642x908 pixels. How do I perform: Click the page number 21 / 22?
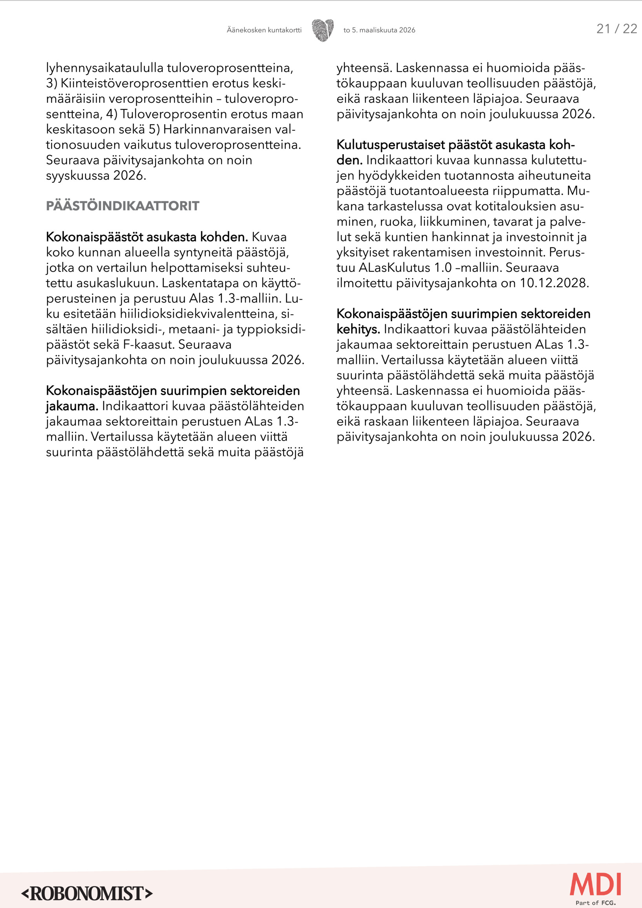pos(616,29)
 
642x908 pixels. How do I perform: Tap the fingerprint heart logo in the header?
pos(323,30)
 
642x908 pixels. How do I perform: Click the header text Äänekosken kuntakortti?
pos(264,30)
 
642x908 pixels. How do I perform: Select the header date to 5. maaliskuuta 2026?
pos(379,30)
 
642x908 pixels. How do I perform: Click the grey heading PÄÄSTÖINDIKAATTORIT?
pos(122,206)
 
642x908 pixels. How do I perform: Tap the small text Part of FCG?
pos(595,903)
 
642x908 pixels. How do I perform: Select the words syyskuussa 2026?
pos(96,176)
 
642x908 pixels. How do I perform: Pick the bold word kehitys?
pos(358,329)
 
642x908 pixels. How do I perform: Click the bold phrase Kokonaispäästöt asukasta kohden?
pos(147,237)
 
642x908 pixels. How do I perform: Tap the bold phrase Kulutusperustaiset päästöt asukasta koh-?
pos(455,145)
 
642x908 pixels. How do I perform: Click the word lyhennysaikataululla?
pos(104,68)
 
